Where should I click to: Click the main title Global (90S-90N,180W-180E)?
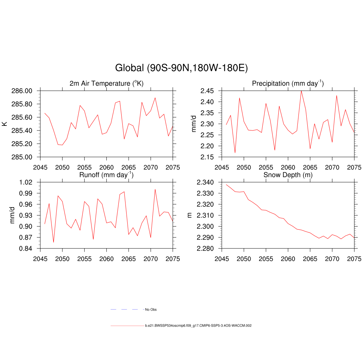181,68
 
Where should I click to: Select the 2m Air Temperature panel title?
106,84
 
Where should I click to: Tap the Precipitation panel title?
287,84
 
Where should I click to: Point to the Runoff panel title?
106,175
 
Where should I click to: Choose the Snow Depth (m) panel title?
287,175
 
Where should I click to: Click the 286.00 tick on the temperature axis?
22,91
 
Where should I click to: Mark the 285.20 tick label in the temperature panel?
22,144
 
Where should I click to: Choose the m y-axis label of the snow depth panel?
189,215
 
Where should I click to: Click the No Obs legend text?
151,309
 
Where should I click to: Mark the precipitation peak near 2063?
301,91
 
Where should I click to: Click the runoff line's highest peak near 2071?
155,189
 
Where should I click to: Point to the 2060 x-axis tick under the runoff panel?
106,257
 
